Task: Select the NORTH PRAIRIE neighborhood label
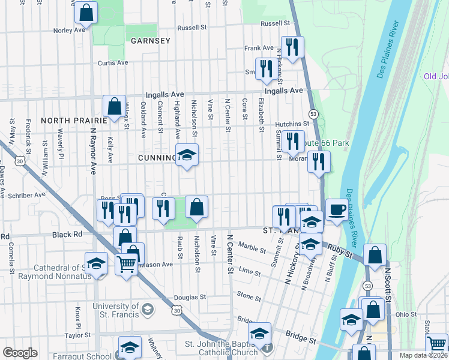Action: pos(73,120)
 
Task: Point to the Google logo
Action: pos(20,353)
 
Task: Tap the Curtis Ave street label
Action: pos(113,62)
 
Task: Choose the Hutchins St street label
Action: pos(291,124)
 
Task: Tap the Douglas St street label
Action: pos(190,297)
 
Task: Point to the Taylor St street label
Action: pos(77,335)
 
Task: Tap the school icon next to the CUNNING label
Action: pos(187,156)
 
